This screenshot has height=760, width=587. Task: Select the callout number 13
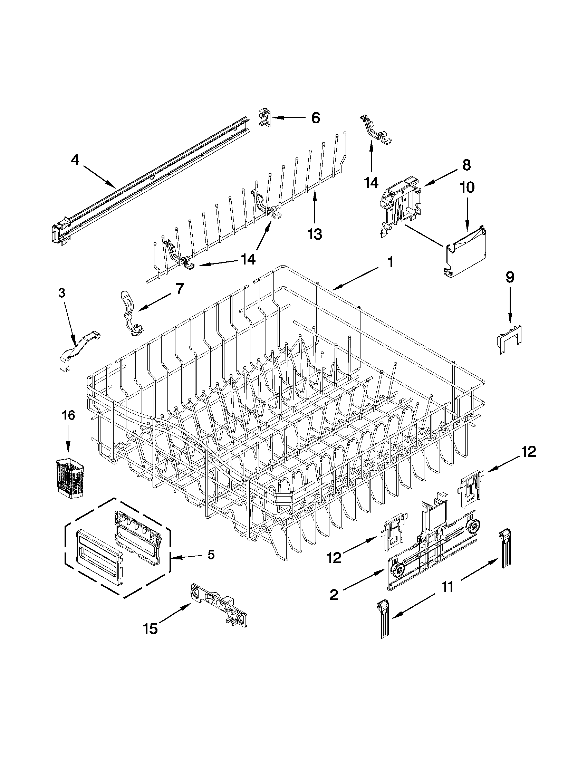[315, 234]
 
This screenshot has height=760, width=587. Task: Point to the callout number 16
[68, 415]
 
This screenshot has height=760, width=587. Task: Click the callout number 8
[466, 165]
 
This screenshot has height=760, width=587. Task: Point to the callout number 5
[211, 555]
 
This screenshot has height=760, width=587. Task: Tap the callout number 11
[448, 587]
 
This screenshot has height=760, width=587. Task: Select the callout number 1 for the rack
[391, 262]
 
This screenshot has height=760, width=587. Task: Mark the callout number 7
[179, 288]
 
